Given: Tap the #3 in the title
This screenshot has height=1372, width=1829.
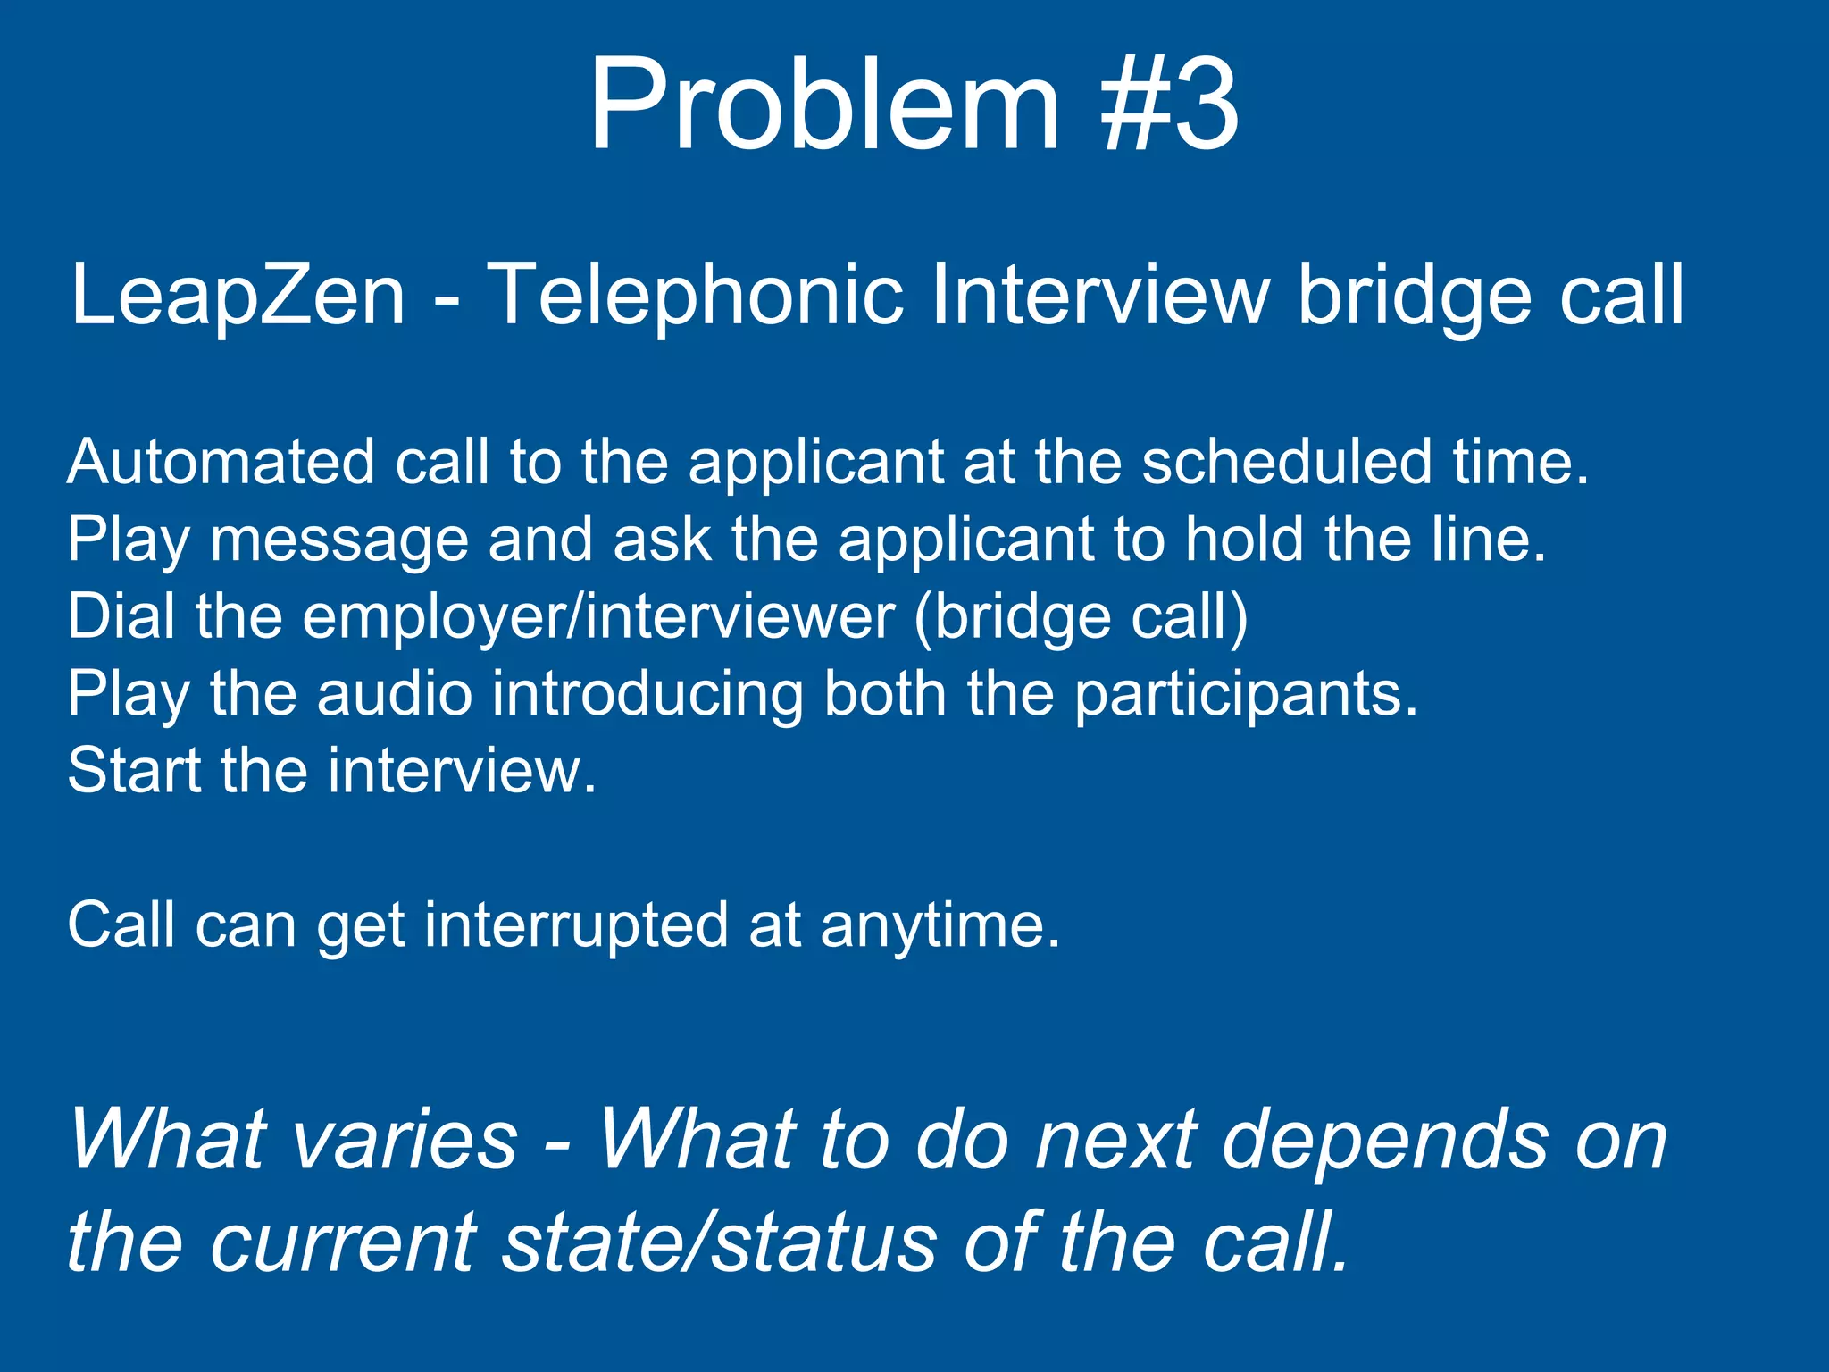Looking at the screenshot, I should (x=1170, y=105).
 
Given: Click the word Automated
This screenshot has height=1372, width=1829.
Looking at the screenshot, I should (x=221, y=463).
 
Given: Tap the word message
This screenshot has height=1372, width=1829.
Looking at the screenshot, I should (x=339, y=540).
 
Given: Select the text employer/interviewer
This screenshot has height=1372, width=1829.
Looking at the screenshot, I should (x=598, y=618).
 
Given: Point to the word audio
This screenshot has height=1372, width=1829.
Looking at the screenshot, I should (x=394, y=694).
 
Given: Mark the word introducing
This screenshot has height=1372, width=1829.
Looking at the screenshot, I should (x=647, y=696).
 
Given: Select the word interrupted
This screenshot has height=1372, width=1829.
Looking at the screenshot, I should (x=575, y=925).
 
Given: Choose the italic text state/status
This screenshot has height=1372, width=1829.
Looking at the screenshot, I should (x=720, y=1242).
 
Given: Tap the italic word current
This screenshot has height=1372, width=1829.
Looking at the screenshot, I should (x=345, y=1242).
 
